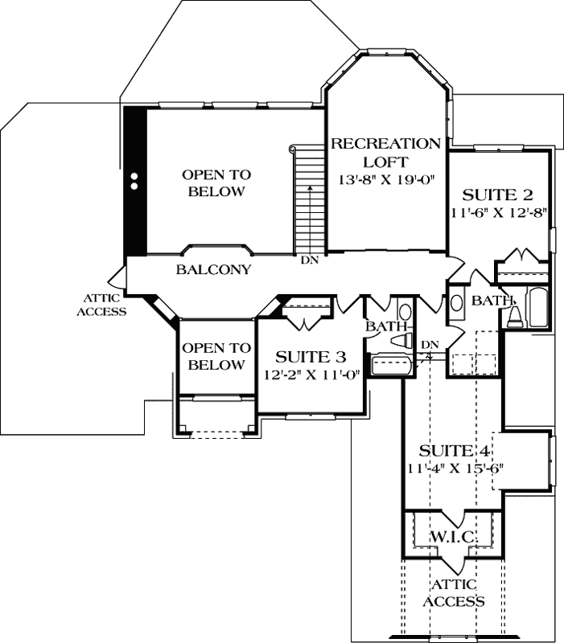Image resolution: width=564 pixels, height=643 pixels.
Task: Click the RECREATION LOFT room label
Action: (x=386, y=153)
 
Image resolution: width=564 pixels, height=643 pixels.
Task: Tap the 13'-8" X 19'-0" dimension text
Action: (x=386, y=180)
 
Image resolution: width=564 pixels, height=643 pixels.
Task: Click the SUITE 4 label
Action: (x=455, y=450)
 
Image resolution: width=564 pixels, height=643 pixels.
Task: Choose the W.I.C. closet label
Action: (x=455, y=536)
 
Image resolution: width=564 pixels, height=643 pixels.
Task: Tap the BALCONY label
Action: (x=213, y=270)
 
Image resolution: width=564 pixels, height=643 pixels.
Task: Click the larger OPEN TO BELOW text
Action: (x=216, y=182)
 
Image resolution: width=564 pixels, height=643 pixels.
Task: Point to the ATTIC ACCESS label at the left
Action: (x=101, y=304)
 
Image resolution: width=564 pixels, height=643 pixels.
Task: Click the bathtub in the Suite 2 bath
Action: (x=536, y=305)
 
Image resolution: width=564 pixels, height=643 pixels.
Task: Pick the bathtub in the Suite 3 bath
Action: (x=392, y=367)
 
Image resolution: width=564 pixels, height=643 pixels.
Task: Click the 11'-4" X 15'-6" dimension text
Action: (x=455, y=467)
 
